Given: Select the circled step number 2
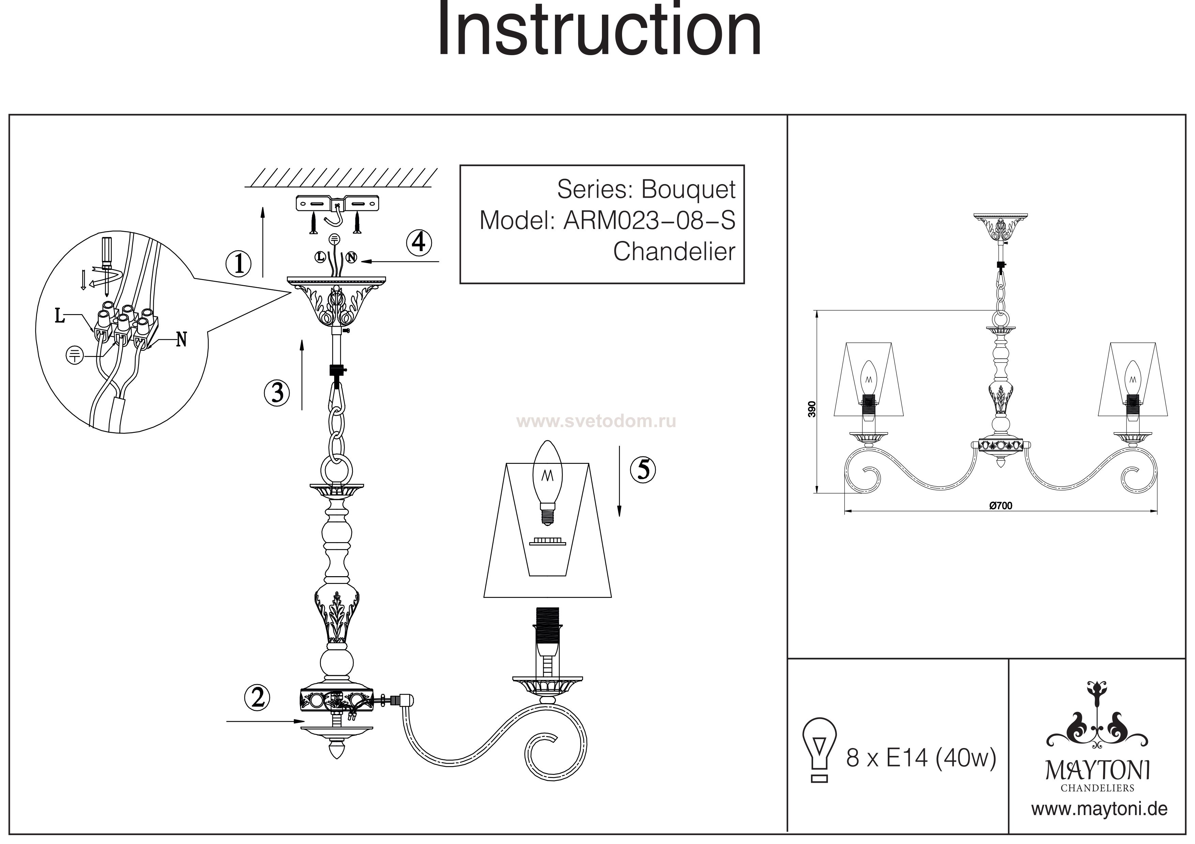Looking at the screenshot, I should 257,698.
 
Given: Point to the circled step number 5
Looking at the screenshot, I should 643,470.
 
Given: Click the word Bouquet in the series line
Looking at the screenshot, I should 688,189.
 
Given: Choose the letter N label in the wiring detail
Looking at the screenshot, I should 181,340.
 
